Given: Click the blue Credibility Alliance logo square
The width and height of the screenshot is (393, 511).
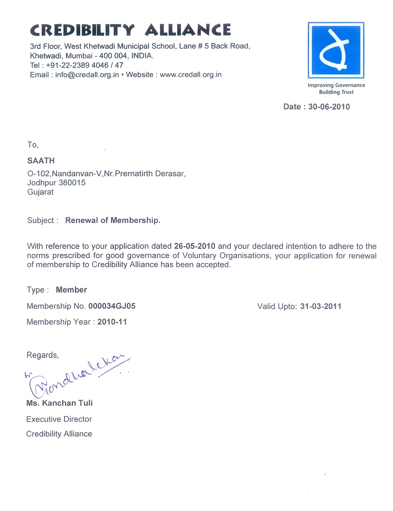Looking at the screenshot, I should pos(336,50).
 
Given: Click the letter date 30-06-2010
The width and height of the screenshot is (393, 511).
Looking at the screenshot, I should pos(329,107).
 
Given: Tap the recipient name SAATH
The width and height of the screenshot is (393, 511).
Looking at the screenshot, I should pos(41,160).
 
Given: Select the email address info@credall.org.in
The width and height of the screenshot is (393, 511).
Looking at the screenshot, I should pos(87,75).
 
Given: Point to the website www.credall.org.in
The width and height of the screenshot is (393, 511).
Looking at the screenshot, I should pos(190,75).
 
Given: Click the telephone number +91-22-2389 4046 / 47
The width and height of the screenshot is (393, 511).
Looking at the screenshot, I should pos(85,65).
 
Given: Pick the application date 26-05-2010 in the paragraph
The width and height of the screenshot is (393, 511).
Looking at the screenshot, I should pos(195,246).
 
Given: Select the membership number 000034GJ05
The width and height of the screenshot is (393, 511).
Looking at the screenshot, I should pos(112,306).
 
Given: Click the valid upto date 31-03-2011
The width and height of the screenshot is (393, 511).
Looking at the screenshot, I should pos(321,306).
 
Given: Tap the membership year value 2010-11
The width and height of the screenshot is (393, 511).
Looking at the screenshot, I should pos(112,322).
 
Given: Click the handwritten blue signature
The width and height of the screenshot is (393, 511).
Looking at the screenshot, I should pos(77,376).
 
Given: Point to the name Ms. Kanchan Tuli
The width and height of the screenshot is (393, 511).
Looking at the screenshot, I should pos(59,403).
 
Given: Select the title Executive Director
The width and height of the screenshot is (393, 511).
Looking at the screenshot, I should pos(59,419).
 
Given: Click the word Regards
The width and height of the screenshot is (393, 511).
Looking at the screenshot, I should pos(42,355).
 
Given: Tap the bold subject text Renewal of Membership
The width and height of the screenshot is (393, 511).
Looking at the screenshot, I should pos(113,220).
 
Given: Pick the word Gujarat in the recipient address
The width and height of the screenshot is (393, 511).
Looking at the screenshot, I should pos(41,192).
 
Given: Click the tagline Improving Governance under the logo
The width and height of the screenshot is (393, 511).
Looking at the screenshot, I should pos(336,85).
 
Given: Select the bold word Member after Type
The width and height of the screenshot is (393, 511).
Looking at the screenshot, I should pos(71,290).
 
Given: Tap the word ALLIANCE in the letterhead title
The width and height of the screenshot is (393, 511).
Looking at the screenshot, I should pos(188,30).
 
